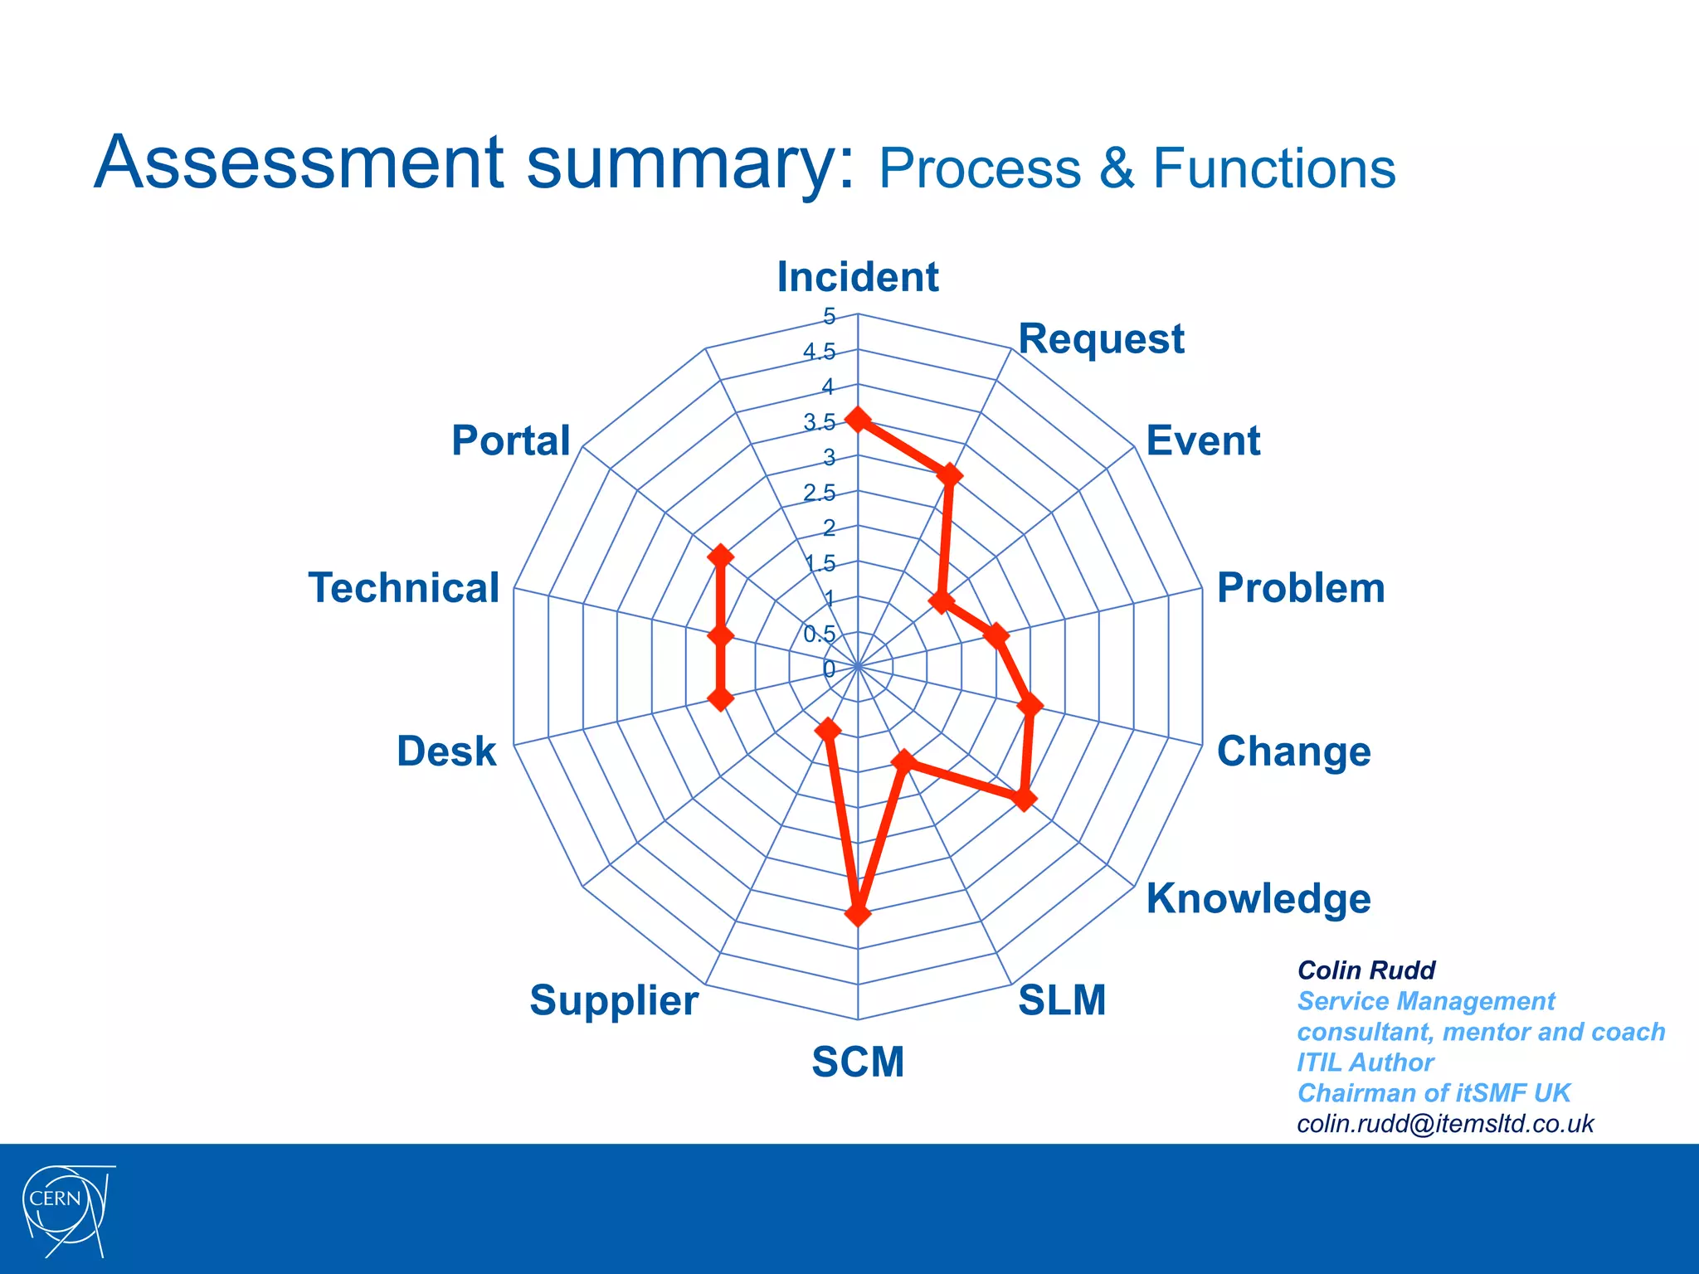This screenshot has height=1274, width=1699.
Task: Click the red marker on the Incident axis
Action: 858,421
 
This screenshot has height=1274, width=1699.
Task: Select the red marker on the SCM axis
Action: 858,914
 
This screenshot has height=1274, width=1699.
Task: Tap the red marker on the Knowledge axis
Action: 1025,799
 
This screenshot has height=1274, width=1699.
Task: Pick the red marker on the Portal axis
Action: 720,557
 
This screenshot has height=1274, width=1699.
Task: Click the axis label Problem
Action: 1300,588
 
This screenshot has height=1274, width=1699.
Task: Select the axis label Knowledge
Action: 1258,898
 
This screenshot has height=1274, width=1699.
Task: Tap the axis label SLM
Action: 1062,999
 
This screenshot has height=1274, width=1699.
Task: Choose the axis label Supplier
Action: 614,999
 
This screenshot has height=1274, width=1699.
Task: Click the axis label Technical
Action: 404,588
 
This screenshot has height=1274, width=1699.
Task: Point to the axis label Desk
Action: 446,751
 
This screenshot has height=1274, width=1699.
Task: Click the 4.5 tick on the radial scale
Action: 819,352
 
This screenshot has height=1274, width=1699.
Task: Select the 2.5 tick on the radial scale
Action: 819,493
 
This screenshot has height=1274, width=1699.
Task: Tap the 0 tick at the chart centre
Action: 829,669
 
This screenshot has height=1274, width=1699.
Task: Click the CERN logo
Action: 66,1208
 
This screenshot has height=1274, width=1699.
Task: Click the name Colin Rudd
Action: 1366,970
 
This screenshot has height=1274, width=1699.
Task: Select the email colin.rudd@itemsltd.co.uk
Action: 1444,1123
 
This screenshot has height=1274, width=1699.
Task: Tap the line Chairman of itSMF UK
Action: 1433,1092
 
